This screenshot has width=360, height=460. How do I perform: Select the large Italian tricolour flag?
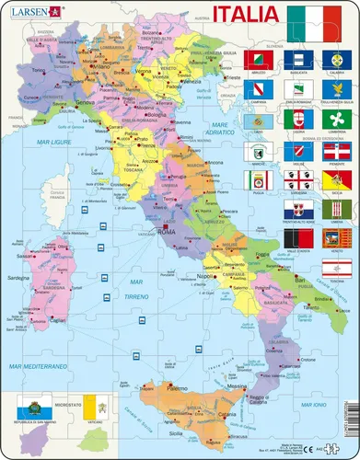(x=319, y=19)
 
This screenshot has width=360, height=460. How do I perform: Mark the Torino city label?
(x=37, y=70)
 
